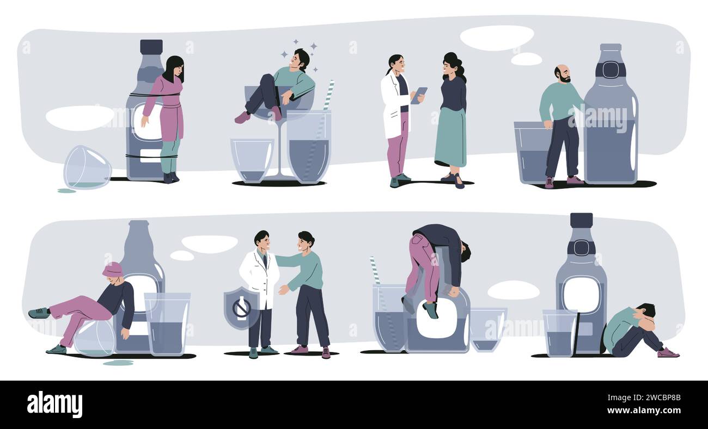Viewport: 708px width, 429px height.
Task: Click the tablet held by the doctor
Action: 419,95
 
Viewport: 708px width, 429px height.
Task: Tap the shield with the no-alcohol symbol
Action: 241,308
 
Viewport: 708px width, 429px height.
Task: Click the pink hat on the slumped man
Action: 112,269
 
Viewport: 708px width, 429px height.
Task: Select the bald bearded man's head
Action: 563,74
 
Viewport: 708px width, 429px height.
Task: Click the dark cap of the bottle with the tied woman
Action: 151,47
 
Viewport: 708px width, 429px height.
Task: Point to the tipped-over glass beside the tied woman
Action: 88,167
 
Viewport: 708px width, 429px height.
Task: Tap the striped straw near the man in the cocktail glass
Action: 328,95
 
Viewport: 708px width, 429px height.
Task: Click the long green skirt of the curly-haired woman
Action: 450,137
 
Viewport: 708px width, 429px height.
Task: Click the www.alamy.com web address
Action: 644,411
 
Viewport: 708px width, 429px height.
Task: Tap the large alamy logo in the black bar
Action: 54,404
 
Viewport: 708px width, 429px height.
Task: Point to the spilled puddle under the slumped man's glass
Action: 118,363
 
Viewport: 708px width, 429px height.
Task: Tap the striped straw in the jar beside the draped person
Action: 375,270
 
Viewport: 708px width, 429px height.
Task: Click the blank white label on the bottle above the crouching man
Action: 581,294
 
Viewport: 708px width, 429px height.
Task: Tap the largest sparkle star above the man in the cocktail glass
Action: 313,47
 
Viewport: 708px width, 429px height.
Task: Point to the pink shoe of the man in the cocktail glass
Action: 242,117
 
